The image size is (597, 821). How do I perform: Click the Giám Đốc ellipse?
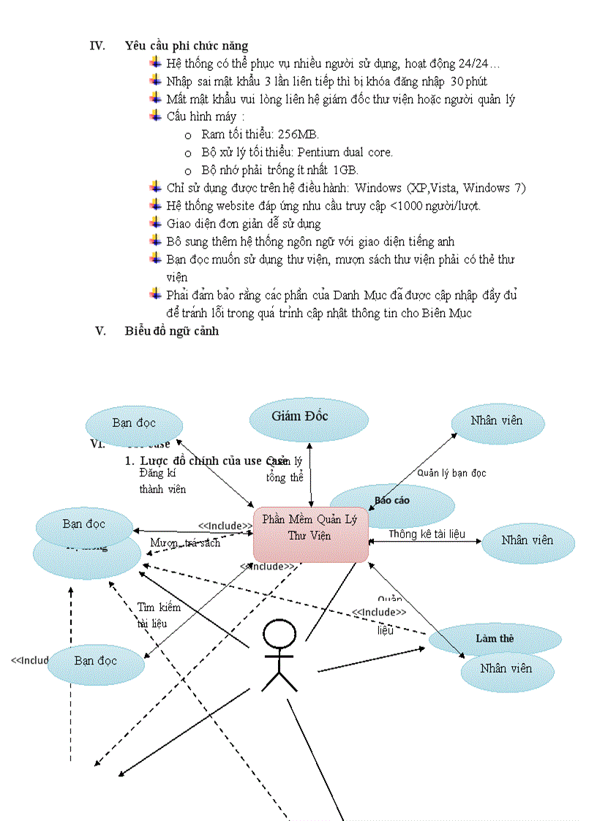coord(299,417)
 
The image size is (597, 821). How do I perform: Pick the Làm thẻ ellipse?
coord(495,638)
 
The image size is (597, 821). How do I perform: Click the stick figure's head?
coord(279,634)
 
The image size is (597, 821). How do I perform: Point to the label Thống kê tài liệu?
coord(427,534)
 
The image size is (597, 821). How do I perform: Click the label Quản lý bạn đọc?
coord(451,473)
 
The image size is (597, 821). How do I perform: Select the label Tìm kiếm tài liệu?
coord(158,616)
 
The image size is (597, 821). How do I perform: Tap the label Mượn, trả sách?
coord(184,542)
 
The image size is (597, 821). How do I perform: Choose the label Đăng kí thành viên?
coord(162,481)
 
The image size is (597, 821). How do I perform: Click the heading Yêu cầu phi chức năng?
coord(187,46)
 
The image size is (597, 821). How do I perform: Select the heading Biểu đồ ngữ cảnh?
coord(172,330)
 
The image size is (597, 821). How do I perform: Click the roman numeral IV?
coord(97,46)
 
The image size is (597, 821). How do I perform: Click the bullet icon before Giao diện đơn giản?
coord(155,222)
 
